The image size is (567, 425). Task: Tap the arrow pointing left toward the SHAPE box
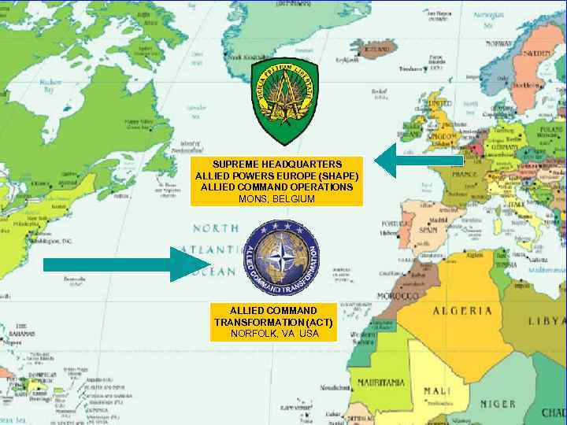pos(417,160)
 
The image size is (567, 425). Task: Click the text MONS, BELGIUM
pos(276,199)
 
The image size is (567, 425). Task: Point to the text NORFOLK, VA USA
pos(274,334)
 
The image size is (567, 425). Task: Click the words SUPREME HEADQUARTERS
pos(276,164)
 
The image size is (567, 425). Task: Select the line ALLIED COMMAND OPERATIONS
pos(276,187)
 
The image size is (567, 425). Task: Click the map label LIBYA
pos(547,321)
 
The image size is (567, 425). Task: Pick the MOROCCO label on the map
pos(398,296)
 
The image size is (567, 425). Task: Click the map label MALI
pos(437,391)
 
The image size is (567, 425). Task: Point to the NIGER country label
pos(498,404)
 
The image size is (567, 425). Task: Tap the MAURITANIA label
pos(381,382)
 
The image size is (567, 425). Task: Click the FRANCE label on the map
pos(465,173)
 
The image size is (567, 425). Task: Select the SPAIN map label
pos(428,230)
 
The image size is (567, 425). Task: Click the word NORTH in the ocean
pos(216,228)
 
